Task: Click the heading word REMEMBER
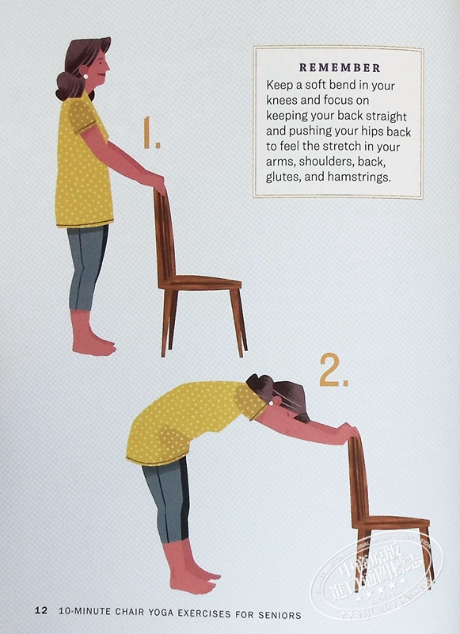tap(340, 68)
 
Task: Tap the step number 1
tap(151, 132)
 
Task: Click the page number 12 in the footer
tap(41, 610)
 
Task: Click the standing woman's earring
tap(86, 76)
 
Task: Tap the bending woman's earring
tap(271, 403)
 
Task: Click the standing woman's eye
tap(99, 63)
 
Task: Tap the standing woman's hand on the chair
tap(155, 182)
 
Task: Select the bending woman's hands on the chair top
tap(348, 432)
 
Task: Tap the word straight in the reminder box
tap(386, 116)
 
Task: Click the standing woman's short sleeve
tap(83, 116)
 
